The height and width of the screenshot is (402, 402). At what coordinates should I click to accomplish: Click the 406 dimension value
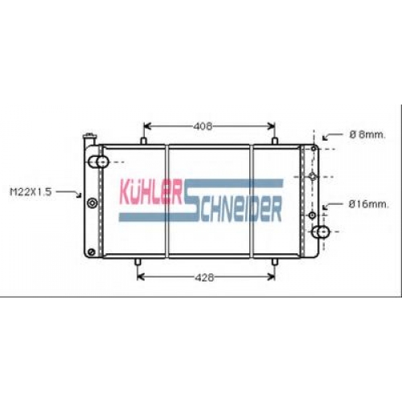pyautogui.click(x=203, y=126)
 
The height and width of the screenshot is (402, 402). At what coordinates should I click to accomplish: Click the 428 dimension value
pyautogui.click(x=204, y=277)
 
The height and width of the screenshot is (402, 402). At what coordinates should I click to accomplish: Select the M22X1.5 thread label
pyautogui.click(x=31, y=192)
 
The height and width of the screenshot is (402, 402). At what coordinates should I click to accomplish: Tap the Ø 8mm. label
pyautogui.click(x=367, y=135)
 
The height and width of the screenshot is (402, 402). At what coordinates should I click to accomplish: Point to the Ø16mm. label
pyautogui.click(x=368, y=204)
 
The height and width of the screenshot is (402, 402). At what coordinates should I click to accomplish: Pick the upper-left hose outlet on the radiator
pyautogui.click(x=98, y=162)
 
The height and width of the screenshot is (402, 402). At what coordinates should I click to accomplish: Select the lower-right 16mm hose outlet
pyautogui.click(x=321, y=232)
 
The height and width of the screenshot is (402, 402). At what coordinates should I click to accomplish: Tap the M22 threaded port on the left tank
pyautogui.click(x=92, y=203)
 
